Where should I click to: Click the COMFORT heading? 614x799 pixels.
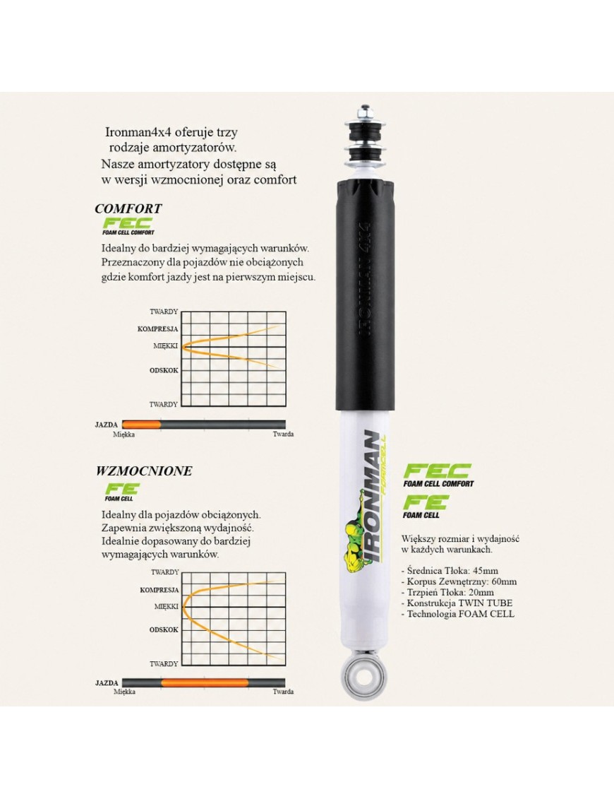128,208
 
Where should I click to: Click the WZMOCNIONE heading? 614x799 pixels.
144,470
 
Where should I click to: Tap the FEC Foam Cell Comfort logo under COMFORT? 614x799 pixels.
128,226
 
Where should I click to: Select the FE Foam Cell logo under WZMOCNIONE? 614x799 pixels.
121,492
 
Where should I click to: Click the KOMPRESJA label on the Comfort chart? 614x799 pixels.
158,329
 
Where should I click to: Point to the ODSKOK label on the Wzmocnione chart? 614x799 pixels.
164,630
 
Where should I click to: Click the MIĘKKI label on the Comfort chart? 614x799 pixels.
165,346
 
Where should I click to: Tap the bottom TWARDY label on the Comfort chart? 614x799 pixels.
164,404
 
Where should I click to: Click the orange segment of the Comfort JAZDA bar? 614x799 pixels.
142,425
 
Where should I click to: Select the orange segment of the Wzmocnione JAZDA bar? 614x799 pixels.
205,683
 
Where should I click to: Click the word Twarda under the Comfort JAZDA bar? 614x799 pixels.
283,434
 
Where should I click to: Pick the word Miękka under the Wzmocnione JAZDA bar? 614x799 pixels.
124,692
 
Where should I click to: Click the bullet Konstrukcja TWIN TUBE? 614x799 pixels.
457,603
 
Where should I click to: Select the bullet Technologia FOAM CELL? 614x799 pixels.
458,614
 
